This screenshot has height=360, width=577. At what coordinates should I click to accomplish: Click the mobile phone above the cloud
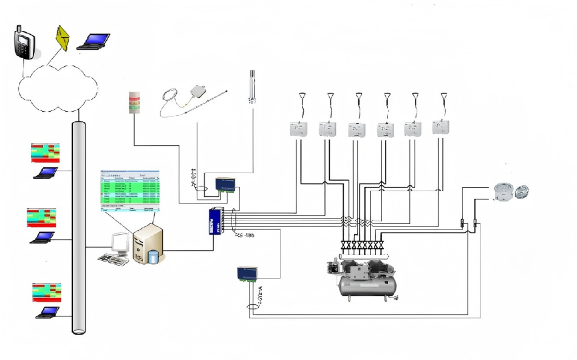tap(24, 41)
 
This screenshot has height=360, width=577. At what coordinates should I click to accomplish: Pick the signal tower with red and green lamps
tap(135, 104)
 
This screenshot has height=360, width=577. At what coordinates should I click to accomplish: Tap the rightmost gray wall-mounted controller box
tap(440, 127)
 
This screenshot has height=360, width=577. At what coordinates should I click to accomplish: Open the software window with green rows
tap(129, 190)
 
